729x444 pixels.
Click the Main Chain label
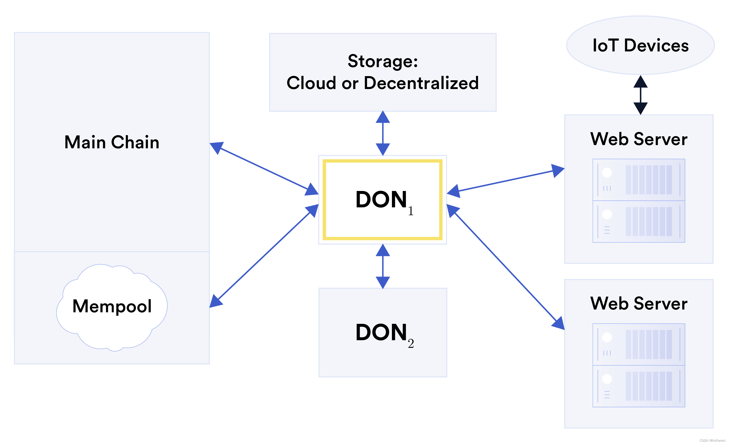(112, 142)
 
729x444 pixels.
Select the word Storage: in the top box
(382, 61)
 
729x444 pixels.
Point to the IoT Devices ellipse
(640, 45)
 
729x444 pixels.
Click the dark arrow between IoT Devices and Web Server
(640, 95)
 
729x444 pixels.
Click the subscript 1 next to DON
(411, 211)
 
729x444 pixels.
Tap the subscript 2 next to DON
(411, 344)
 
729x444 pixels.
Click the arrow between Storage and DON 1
(382, 133)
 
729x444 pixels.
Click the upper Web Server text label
(639, 139)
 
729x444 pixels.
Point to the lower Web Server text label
(639, 304)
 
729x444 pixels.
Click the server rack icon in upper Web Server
(639, 200)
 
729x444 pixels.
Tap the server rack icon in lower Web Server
(639, 365)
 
